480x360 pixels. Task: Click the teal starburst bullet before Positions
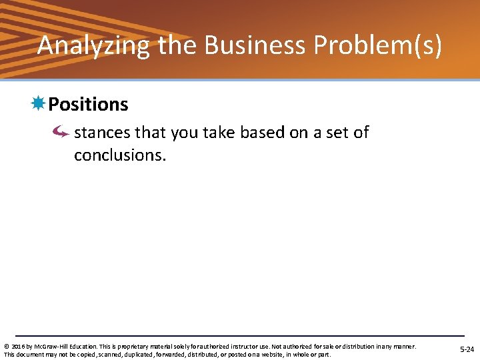(38, 103)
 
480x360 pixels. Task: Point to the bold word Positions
(88, 105)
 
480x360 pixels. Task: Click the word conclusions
(119, 155)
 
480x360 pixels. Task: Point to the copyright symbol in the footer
(6, 347)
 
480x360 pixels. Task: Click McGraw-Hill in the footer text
(51, 347)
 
